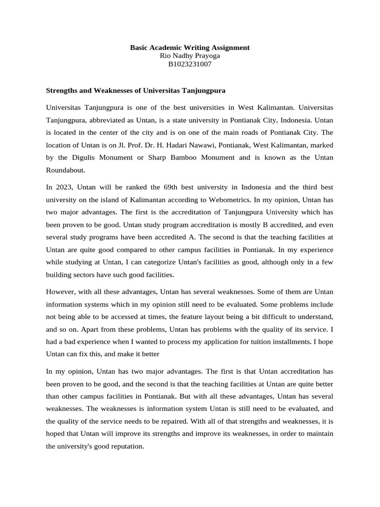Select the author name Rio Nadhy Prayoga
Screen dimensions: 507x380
click(x=190, y=56)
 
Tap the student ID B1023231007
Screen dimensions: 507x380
click(x=190, y=64)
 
